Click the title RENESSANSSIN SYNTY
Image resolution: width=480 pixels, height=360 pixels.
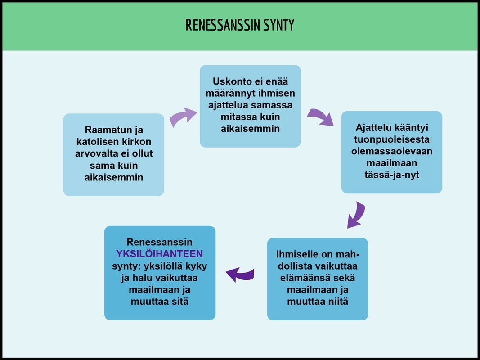(240, 25)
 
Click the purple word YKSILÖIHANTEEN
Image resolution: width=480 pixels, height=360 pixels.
(160, 254)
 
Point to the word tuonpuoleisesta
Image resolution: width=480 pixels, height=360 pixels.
(391, 139)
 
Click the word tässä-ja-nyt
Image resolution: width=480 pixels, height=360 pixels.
(391, 175)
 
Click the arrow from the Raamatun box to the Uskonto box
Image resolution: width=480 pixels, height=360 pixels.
(183, 117)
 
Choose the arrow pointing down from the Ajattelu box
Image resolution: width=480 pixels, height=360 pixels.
(357, 215)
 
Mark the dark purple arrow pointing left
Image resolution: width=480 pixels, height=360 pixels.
(240, 274)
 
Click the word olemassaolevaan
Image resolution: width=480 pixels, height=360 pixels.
(391, 151)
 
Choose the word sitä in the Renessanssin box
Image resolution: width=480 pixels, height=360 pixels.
(179, 301)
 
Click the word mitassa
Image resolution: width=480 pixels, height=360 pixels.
(235, 117)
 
